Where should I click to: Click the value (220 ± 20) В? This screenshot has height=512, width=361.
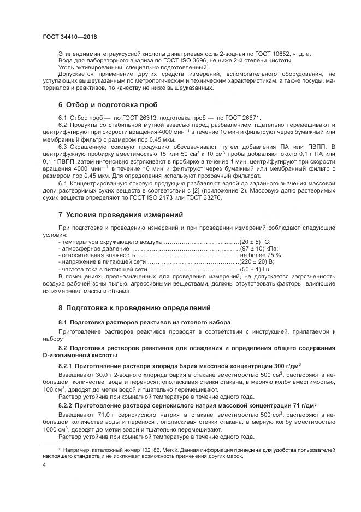257,262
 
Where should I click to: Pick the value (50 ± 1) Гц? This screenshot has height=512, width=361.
256,269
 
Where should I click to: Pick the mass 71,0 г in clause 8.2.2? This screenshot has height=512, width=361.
102,416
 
